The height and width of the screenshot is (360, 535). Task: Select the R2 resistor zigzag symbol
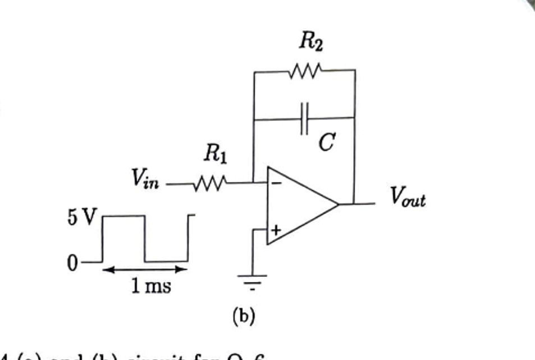(305, 71)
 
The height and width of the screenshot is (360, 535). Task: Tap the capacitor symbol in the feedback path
(305, 119)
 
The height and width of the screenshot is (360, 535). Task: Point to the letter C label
(326, 143)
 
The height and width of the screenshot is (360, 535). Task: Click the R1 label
(216, 153)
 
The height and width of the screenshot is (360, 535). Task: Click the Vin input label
(145, 179)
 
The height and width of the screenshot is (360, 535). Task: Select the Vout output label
(408, 197)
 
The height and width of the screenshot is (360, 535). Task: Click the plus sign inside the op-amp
(276, 230)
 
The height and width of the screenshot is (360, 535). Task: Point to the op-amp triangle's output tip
(339, 204)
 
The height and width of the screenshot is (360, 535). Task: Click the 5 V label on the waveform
(82, 217)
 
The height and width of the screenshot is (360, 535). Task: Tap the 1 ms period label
(151, 286)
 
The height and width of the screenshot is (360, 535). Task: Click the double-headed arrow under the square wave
(145, 270)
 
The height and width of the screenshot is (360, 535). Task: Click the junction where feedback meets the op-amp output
(355, 203)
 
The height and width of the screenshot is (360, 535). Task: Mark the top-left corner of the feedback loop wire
(254, 71)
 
